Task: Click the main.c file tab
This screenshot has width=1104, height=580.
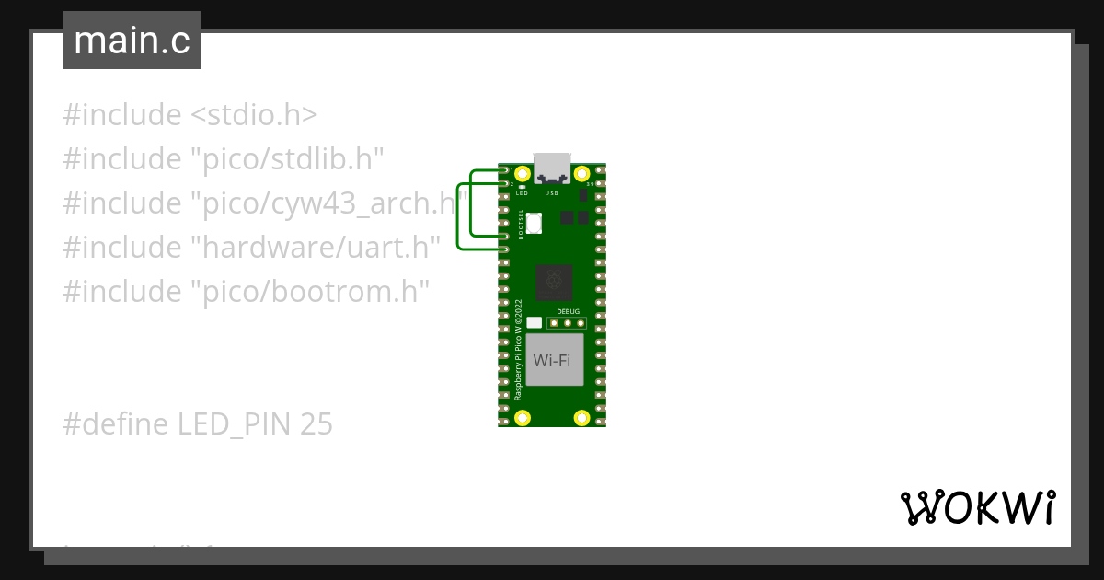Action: click(132, 41)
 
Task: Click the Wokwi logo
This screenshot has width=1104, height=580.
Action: click(976, 507)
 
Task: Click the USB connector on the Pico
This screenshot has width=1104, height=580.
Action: click(552, 168)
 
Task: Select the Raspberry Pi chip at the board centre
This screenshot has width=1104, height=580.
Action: click(556, 282)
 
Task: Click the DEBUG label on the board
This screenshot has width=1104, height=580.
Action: click(569, 311)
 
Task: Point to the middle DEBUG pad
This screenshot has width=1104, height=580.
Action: click(569, 323)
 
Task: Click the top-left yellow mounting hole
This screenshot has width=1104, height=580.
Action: click(523, 173)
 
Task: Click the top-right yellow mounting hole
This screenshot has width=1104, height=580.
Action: click(581, 173)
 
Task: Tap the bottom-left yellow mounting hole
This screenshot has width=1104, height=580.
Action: click(523, 418)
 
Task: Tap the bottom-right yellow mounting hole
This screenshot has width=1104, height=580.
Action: click(581, 418)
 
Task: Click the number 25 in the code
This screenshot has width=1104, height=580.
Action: click(316, 424)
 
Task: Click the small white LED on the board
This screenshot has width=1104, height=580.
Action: click(523, 187)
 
